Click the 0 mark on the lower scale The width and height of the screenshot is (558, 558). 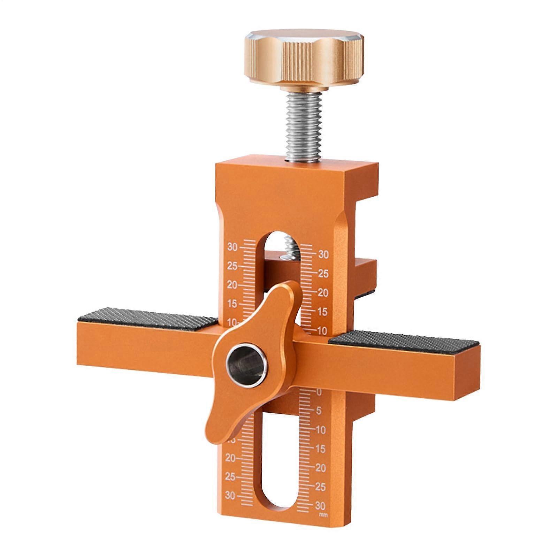(x=319, y=392)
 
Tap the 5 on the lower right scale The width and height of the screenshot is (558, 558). (x=319, y=411)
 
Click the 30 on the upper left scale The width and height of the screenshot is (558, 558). (x=232, y=247)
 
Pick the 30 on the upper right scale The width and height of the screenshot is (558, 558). (x=323, y=255)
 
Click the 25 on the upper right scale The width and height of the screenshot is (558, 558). (x=323, y=274)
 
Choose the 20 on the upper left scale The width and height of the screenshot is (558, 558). (x=232, y=285)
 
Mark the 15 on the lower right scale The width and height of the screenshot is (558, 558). (x=320, y=449)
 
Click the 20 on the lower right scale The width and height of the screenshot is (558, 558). (x=321, y=468)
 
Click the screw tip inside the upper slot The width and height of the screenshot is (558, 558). (x=290, y=244)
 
